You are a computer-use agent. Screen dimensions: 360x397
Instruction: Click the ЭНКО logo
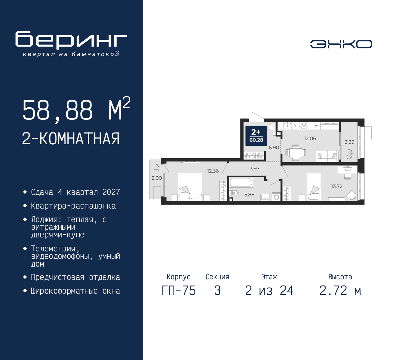tap(341, 44)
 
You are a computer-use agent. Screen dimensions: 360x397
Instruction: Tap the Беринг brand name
tap(71, 40)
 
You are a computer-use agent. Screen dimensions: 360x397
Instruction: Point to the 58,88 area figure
tap(58, 110)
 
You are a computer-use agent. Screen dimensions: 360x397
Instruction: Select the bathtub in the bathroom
tap(241, 182)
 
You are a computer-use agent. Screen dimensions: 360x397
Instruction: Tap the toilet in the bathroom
tap(234, 193)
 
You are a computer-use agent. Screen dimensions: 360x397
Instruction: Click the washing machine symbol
tap(276, 197)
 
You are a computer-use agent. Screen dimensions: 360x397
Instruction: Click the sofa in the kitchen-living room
tap(327, 156)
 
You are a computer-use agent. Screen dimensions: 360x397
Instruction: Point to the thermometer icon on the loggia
tap(350, 154)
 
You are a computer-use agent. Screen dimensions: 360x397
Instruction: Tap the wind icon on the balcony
tap(156, 168)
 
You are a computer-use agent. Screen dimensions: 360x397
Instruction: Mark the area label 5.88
tap(249, 195)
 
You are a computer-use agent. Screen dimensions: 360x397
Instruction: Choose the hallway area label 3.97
tap(255, 169)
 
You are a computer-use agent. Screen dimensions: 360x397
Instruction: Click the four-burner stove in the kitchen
tap(302, 126)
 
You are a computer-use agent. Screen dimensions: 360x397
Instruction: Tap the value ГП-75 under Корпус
tap(179, 291)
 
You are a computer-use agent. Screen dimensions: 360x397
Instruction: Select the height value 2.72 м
tap(340, 291)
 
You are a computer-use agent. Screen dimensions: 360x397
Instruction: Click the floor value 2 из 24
tap(269, 291)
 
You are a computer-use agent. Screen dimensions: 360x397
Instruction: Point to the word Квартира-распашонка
tap(73, 206)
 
